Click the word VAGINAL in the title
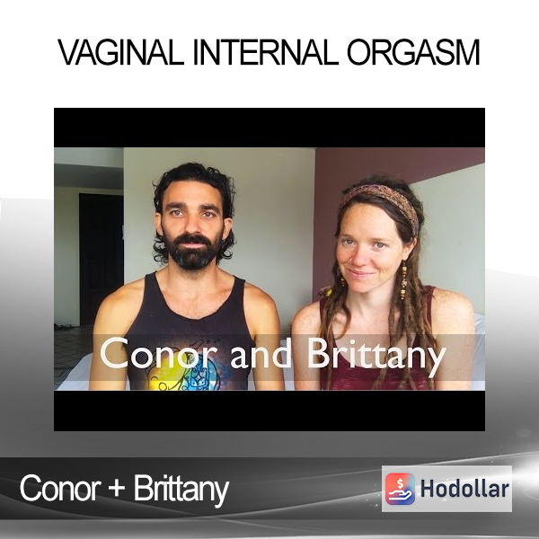pos(120,53)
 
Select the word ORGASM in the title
pos(413,53)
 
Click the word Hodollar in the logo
pos(464,489)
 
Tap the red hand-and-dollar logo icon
pos(400,489)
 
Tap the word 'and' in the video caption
pos(261,354)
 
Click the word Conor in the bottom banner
pos(61,489)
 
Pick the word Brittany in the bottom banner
pos(181,490)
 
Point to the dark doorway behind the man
pos(101,259)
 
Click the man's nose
pos(191,228)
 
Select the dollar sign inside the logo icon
pos(401,484)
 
